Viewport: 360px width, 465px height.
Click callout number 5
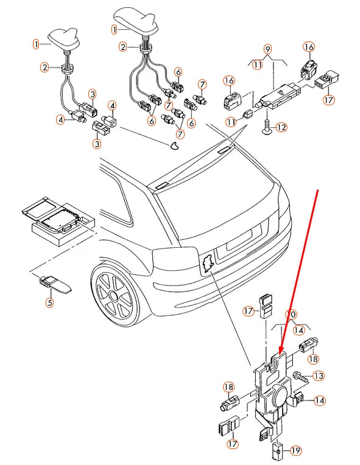click(x=49, y=302)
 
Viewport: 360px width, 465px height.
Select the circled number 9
click(x=267, y=49)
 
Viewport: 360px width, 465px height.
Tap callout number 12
click(x=281, y=128)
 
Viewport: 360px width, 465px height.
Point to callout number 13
click(x=319, y=376)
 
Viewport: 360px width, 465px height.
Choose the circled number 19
click(x=295, y=451)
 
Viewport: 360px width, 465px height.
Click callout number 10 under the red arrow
click(x=291, y=314)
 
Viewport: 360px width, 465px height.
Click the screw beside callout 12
click(x=267, y=127)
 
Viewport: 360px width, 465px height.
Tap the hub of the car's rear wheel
click(x=114, y=296)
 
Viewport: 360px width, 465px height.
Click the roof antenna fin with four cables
click(x=137, y=21)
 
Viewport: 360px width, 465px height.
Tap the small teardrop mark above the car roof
click(x=174, y=145)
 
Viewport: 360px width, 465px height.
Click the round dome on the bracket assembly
click(x=280, y=395)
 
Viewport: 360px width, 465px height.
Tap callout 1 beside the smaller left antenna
click(x=35, y=44)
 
